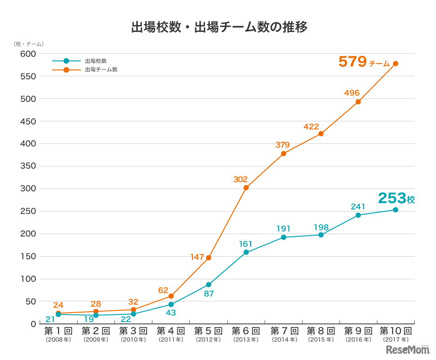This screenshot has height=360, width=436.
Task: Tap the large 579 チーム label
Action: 363,62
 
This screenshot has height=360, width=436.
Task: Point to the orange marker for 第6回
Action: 246,188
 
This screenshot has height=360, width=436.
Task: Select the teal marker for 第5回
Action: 208,285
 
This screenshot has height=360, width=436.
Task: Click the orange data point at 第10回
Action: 395,64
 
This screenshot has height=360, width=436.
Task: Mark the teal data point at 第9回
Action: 358,215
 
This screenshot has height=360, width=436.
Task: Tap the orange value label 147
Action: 197,257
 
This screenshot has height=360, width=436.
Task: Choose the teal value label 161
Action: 246,244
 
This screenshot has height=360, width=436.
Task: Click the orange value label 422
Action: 311,127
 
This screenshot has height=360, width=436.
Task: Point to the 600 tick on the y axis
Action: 28,54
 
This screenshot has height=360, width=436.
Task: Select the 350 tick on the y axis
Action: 28,166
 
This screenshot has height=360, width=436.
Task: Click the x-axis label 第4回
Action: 171,331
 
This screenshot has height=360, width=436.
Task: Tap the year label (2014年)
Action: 283,340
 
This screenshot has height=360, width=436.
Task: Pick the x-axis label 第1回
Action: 58,331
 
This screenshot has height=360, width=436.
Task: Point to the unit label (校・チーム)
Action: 28,44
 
